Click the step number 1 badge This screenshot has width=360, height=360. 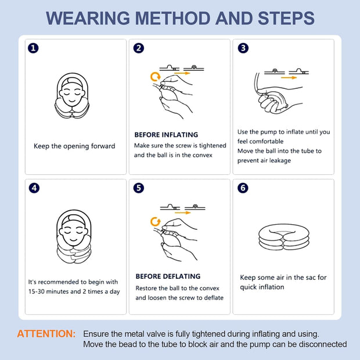click(x=33, y=48)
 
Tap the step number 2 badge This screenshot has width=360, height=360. click(x=139, y=48)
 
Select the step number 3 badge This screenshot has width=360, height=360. click(x=243, y=48)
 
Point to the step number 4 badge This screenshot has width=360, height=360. click(x=34, y=188)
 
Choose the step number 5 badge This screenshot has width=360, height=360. click(x=139, y=188)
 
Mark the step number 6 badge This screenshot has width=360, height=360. click(x=243, y=188)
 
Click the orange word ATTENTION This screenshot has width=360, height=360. click(x=46, y=334)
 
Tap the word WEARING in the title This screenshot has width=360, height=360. click(x=88, y=18)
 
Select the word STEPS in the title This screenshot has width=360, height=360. click(x=286, y=18)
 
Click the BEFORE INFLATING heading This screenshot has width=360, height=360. click(x=166, y=135)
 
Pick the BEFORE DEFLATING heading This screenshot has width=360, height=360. click(x=168, y=276)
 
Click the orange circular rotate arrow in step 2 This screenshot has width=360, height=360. click(x=155, y=77)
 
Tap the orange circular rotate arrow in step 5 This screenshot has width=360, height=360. click(x=156, y=222)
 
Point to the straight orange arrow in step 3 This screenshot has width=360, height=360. click(x=289, y=78)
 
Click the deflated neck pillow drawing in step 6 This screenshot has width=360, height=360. click(x=284, y=237)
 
